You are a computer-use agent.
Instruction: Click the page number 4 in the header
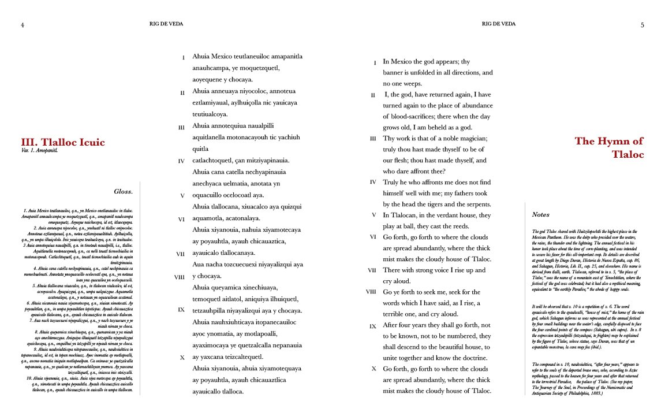click(22, 25)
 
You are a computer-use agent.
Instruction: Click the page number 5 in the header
click(642, 25)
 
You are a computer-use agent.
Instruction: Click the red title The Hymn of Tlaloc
click(608, 147)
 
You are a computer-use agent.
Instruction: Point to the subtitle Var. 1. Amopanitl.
click(40, 151)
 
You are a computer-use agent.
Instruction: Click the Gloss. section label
click(124, 192)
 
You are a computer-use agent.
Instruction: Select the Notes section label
click(540, 215)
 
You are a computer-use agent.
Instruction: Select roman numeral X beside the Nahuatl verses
click(182, 358)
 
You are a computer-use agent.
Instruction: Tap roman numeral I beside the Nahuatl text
click(183, 58)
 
